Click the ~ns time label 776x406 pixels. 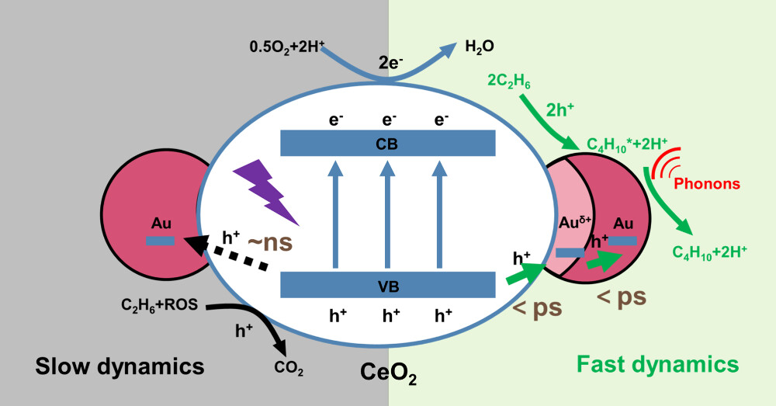coord(269,241)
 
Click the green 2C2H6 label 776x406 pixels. coord(510,79)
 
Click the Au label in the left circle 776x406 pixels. coord(161,223)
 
